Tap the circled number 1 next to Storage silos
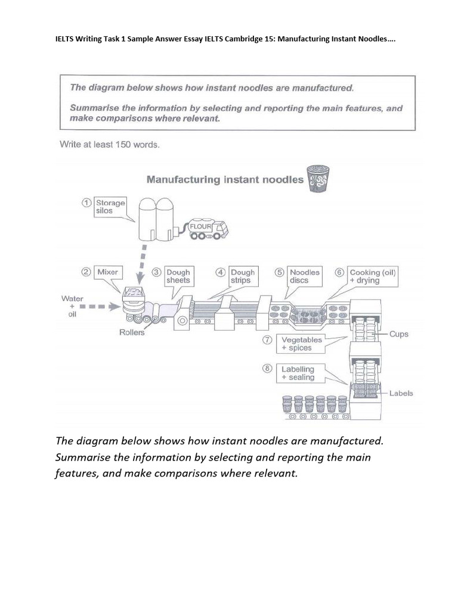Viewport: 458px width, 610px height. [x=86, y=203]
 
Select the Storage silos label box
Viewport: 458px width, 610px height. [x=110, y=207]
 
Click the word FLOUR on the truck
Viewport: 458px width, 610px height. [x=200, y=227]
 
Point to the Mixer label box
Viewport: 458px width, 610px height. [x=107, y=272]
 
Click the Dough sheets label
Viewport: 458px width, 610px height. [x=178, y=276]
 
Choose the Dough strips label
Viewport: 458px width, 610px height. [x=242, y=276]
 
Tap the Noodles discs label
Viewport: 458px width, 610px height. [x=304, y=276]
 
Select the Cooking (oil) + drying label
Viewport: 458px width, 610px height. [x=373, y=276]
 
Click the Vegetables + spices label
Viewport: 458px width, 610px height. [x=305, y=344]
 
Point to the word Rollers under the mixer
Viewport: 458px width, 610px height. [x=132, y=332]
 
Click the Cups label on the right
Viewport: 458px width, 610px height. [x=398, y=334]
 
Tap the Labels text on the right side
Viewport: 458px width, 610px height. [x=401, y=393]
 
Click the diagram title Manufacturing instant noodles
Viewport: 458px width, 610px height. [x=225, y=179]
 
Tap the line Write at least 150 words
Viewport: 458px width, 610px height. [x=109, y=145]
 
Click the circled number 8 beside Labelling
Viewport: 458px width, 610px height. [x=268, y=369]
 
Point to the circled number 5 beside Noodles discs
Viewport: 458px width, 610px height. [x=278, y=272]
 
